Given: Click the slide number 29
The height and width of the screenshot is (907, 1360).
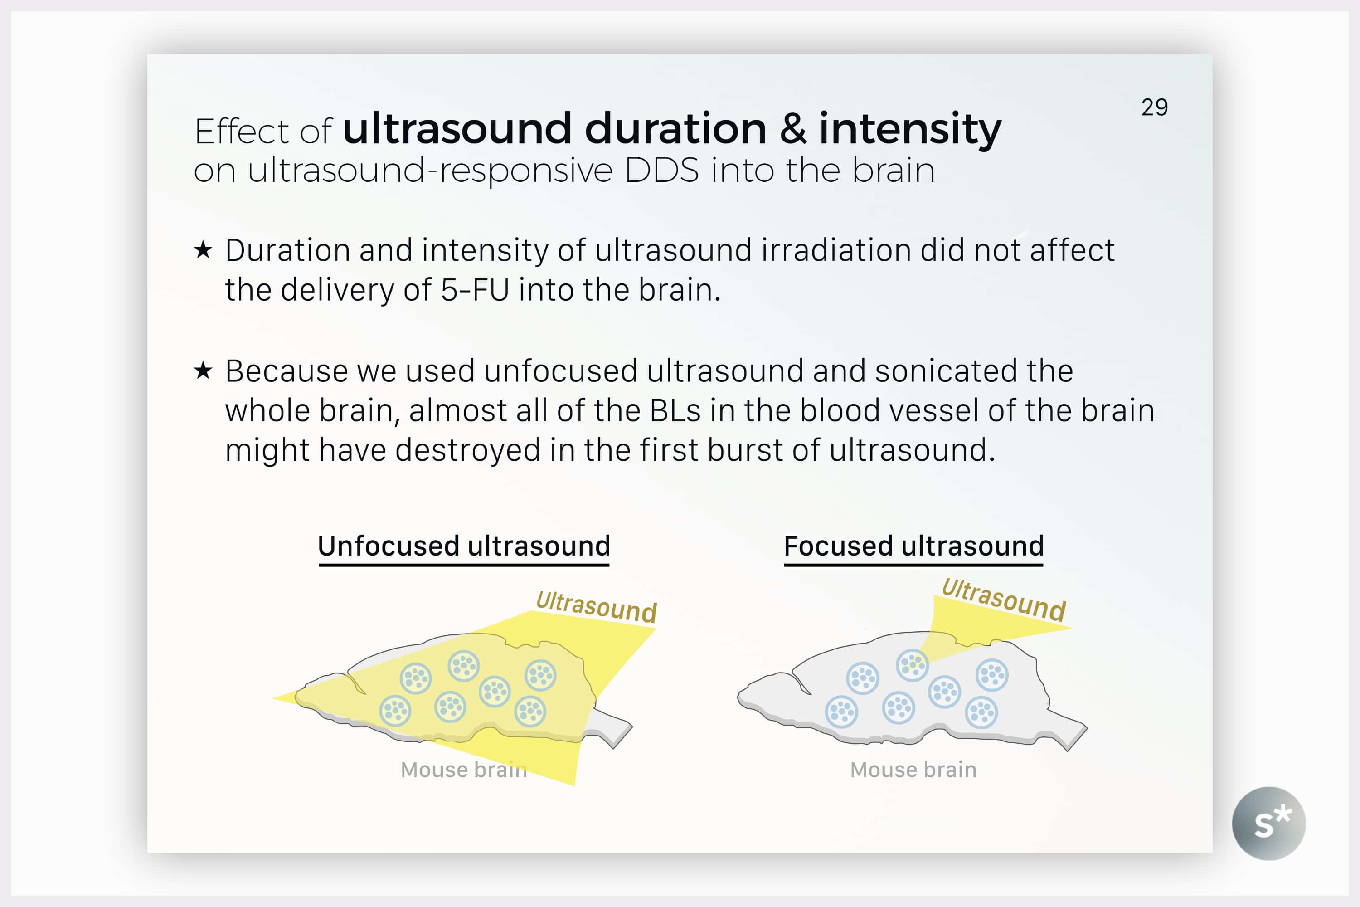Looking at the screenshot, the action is coord(1154,107).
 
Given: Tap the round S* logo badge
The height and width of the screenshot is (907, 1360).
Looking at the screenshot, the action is coord(1268,823).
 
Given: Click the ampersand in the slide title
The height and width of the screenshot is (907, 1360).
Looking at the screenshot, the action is coord(793,128).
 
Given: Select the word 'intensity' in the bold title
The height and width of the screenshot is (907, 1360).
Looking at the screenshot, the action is coord(910,130).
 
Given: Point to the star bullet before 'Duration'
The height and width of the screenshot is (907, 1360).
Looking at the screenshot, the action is coord(203,250).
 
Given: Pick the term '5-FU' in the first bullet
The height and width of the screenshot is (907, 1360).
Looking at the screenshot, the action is coord(475,290).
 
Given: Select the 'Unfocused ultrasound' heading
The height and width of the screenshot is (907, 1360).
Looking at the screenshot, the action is coord(464,546).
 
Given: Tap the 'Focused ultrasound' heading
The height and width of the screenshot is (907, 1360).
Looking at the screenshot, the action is coord(913,546).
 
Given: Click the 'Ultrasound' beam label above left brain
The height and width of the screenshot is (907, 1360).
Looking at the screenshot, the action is coord(596,607).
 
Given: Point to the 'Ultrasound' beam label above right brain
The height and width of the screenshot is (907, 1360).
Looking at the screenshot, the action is coord(1003,600).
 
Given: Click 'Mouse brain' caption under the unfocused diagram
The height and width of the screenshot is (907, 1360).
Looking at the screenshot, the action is coord(464,770).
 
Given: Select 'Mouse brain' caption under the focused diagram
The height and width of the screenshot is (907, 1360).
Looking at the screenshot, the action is coord(913,770).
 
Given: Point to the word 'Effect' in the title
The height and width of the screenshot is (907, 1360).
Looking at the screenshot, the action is coord(241,132).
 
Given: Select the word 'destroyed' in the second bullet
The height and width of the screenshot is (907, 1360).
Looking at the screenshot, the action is coord(467,451).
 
